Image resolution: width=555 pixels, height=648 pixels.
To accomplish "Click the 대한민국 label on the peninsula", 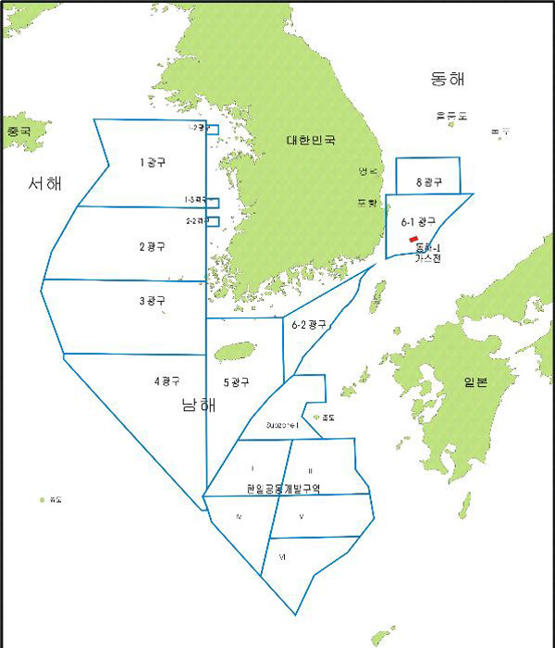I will point(310,141).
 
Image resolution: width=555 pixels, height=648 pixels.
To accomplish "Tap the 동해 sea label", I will point(447,79).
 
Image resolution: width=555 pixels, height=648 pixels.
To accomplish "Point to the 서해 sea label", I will point(44,183).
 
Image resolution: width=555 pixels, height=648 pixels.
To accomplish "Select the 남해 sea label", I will point(200,405).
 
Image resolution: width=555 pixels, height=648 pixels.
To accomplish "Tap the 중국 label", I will point(18,131).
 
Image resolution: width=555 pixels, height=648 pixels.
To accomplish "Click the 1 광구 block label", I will point(153,163).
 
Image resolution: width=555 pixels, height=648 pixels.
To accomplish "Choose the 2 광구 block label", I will point(152,246).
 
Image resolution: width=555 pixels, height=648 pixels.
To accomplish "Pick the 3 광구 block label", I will point(152,301).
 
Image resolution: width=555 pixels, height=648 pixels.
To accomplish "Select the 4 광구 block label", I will point(166,380).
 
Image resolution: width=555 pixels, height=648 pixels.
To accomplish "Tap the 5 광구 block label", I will point(237,382).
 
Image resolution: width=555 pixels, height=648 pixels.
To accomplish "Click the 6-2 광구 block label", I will point(309,325).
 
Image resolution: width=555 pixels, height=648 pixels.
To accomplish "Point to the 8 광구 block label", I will point(428,183).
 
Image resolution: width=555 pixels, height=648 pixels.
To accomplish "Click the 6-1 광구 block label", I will point(418,222).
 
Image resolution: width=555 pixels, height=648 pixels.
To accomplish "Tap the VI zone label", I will point(282,556).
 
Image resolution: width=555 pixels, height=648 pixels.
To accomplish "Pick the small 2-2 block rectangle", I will point(212,220).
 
